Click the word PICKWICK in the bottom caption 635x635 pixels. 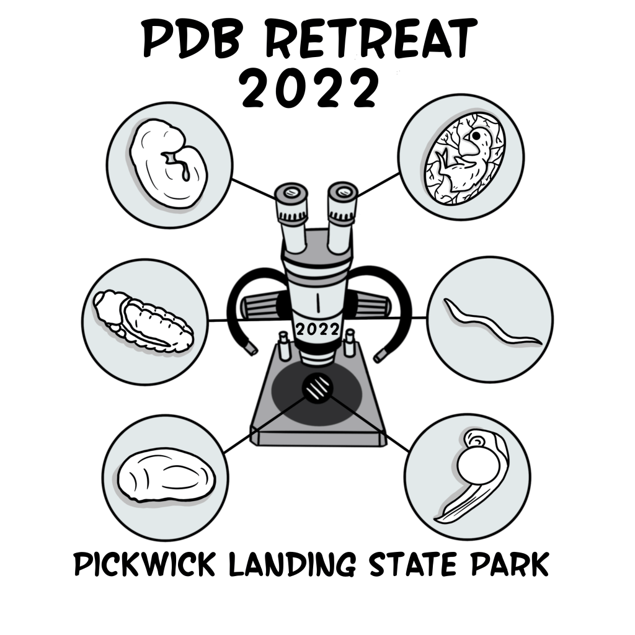[x=144, y=564]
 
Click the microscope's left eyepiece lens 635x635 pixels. [x=291, y=192]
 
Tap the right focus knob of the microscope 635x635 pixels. [x=371, y=308]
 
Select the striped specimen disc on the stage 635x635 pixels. [x=317, y=388]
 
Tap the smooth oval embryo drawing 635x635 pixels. [x=166, y=476]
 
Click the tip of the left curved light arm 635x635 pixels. [x=252, y=350]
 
